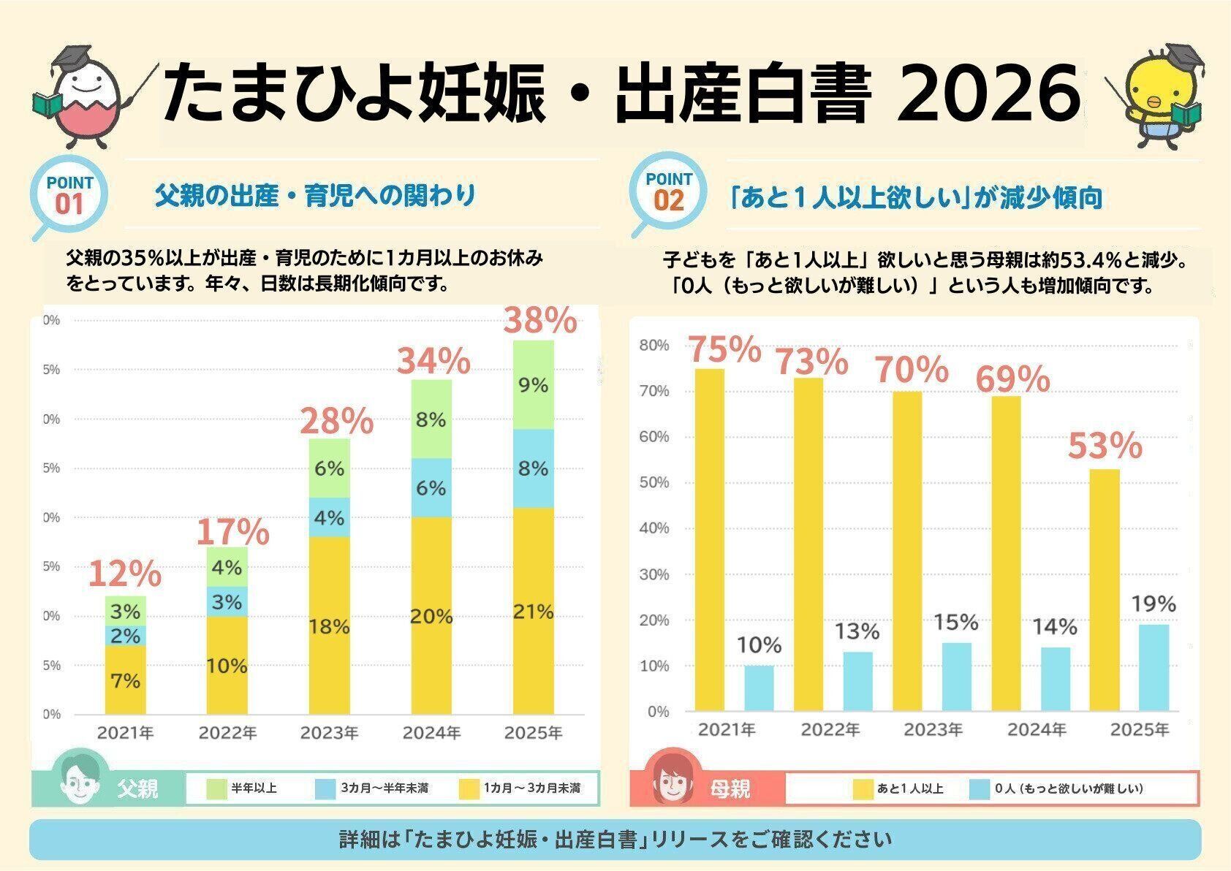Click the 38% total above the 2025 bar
pos(541,321)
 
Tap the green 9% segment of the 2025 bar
pos(533,384)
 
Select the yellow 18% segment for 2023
pos(329,625)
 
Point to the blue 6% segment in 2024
pos(431,487)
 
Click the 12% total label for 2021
pos(124,574)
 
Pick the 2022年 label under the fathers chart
pos(227,732)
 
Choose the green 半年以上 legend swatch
pos(217,789)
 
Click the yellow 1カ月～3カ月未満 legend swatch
pos(469,789)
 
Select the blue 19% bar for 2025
pos(1154,666)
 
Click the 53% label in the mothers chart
pos(1105,446)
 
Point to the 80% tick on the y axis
pos(654,345)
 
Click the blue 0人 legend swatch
pos(980,789)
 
